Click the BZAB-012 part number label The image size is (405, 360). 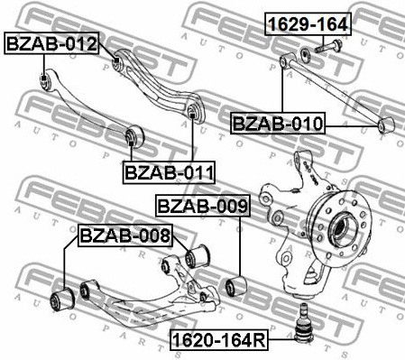(x=51, y=42)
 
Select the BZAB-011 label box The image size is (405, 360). (x=168, y=170)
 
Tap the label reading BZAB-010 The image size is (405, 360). (x=277, y=123)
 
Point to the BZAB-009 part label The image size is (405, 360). (x=201, y=207)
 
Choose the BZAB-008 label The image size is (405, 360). (x=124, y=236)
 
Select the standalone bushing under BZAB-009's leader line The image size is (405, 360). (x=239, y=286)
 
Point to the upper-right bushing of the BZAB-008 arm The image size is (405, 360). (x=193, y=256)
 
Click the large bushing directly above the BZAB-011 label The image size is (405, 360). (x=135, y=136)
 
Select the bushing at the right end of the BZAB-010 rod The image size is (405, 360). (x=388, y=125)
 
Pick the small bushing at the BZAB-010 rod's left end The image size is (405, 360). (x=284, y=60)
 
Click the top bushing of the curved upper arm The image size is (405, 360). (x=118, y=61)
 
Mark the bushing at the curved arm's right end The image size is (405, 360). (x=194, y=115)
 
